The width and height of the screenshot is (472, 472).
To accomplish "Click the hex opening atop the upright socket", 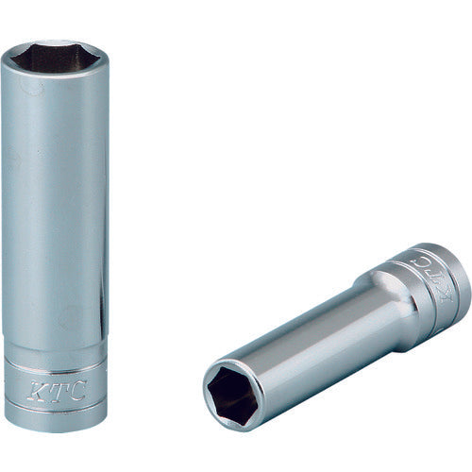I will (54, 58).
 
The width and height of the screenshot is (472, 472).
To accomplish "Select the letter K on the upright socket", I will (35, 387).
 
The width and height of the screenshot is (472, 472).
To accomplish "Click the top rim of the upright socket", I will (54, 44).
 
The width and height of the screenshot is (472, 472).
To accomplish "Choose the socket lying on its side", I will (330, 330).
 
